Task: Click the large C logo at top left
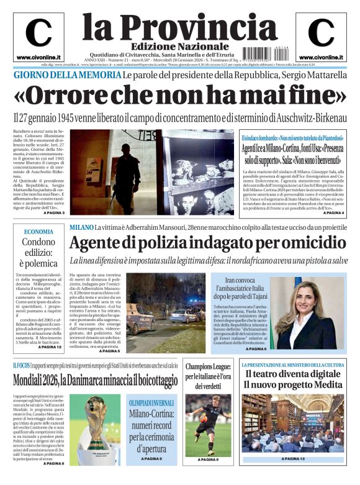tap(38, 33)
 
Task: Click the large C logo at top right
tap(320, 33)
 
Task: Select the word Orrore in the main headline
tap(69, 96)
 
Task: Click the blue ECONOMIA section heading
tap(38, 232)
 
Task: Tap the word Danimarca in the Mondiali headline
tap(97, 378)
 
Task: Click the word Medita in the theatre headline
tap(325, 385)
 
